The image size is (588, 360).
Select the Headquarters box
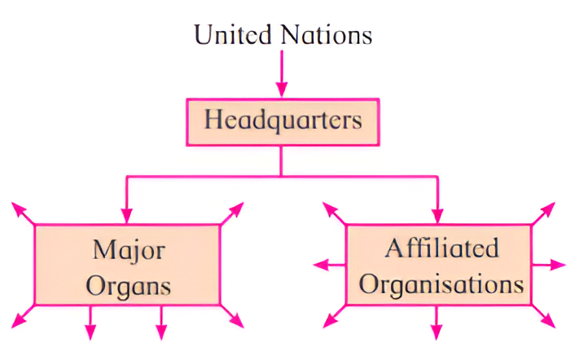point(283,121)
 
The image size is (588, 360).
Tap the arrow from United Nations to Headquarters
point(283,73)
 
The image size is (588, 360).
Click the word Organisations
point(442,284)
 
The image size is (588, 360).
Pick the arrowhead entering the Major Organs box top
point(126,215)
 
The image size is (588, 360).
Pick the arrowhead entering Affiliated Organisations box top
point(439,215)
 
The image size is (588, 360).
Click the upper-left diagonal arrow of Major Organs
point(24,213)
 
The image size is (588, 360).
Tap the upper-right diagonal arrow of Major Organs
point(231,213)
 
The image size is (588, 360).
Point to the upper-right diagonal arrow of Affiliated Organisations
point(545,213)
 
